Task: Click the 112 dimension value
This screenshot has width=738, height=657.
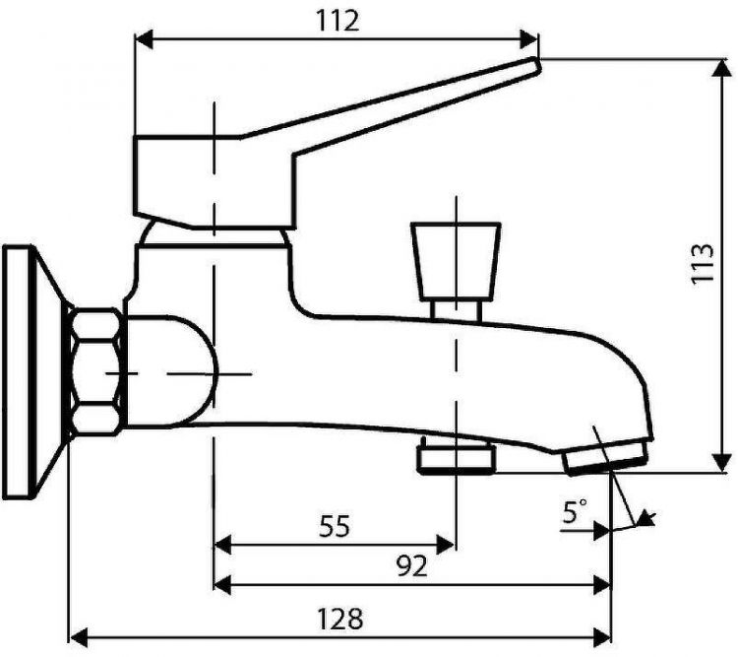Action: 337,21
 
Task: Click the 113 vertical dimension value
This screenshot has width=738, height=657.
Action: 703,263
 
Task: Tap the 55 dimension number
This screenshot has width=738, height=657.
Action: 335,526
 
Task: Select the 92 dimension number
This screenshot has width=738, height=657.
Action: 412,566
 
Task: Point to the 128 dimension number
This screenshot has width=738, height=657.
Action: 339,619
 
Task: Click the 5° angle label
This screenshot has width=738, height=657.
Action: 576,511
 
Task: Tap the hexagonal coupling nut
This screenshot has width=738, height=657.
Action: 95,372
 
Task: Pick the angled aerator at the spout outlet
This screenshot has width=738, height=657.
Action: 607,456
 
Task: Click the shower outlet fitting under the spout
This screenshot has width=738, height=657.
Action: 457,456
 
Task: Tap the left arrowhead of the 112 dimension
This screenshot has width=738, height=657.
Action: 144,39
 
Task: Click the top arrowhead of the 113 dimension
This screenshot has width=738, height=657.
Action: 720,69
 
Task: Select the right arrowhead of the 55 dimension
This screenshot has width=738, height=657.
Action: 445,545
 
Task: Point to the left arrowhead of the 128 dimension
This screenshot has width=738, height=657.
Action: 79,637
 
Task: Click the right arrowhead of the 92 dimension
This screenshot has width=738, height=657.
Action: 601,584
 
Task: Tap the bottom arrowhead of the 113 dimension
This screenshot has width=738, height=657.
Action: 720,462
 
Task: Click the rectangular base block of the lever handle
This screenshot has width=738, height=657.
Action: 215,182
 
